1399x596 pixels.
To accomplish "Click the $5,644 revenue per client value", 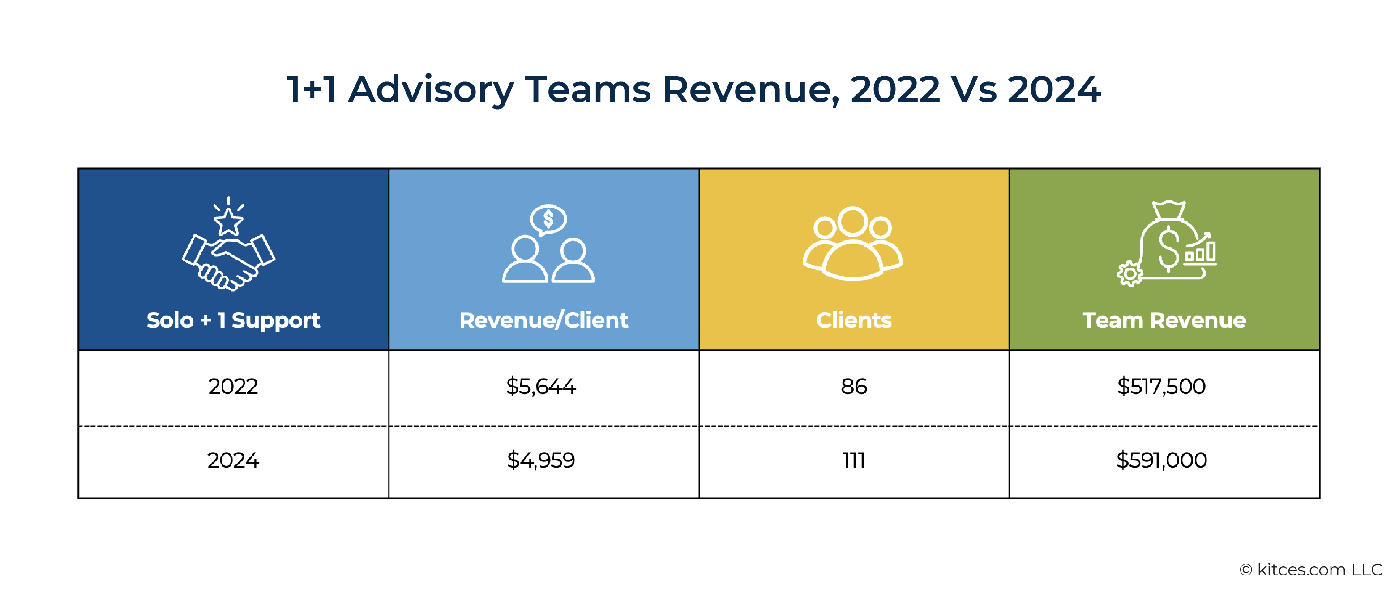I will [540, 387].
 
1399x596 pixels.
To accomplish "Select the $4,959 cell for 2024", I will [540, 460].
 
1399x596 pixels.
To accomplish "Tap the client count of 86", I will [854, 387].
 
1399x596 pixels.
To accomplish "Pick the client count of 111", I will [854, 460].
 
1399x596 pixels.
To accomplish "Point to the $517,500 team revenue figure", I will [1161, 387].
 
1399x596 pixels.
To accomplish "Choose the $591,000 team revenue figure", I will [1161, 460].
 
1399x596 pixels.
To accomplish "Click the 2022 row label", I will [233, 387].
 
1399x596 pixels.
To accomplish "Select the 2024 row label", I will [233, 460].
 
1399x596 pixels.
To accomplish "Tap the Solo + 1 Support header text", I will [233, 320].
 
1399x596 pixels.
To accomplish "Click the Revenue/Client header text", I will [543, 320].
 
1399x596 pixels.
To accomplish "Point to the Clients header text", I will [854, 320].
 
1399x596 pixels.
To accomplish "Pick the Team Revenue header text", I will [1164, 320].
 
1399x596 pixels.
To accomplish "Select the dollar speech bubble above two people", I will [548, 219].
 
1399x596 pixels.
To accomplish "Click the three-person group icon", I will [853, 244].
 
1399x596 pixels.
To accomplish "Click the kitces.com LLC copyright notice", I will [1310, 570].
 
